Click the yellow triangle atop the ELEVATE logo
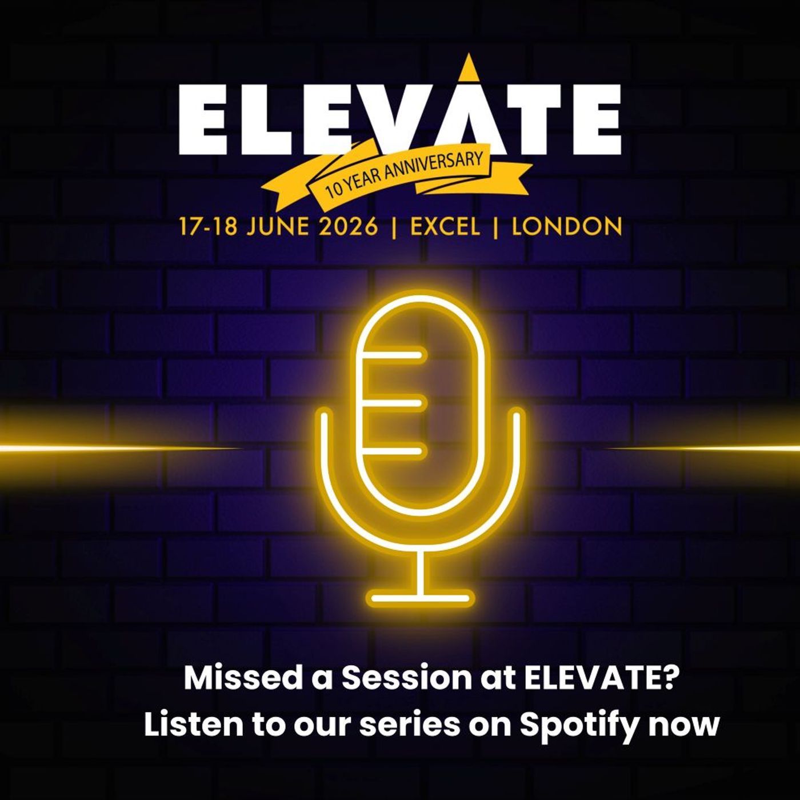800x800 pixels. (469, 69)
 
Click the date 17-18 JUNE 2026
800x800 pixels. (278, 227)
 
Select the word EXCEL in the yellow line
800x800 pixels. (445, 227)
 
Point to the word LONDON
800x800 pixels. (566, 227)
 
